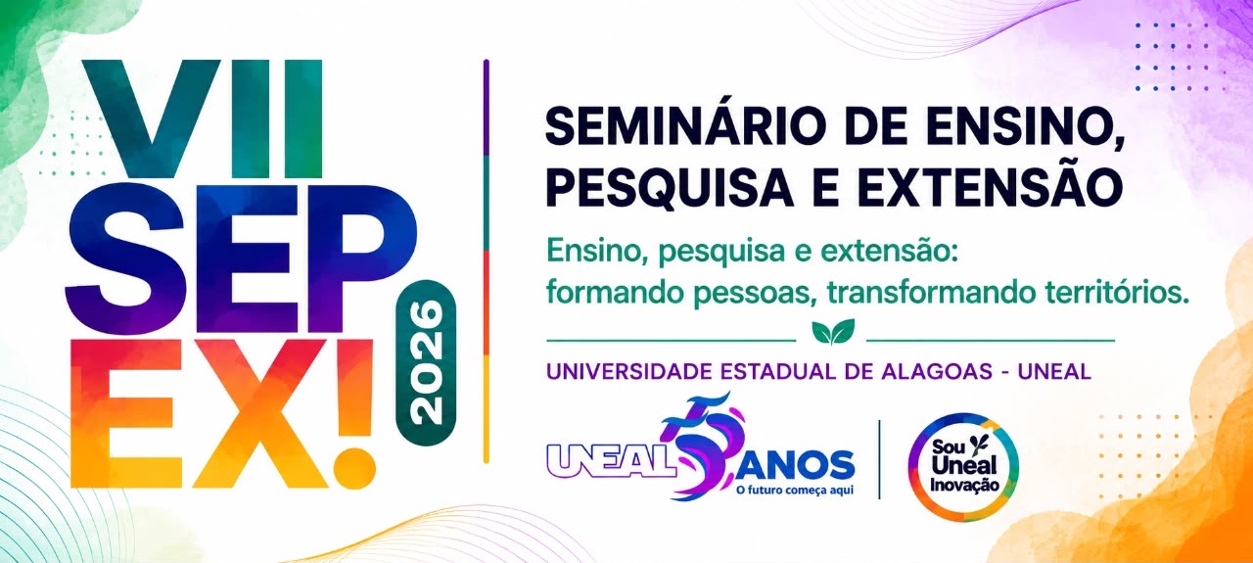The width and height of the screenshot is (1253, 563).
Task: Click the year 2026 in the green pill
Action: click(x=426, y=363)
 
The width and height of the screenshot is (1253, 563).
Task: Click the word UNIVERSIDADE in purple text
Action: click(x=629, y=372)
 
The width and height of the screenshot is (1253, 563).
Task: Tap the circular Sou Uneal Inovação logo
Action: click(x=963, y=467)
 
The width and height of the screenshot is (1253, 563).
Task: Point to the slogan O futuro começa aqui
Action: click(x=795, y=491)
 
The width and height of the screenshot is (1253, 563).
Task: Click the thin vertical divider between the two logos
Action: click(x=880, y=459)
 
